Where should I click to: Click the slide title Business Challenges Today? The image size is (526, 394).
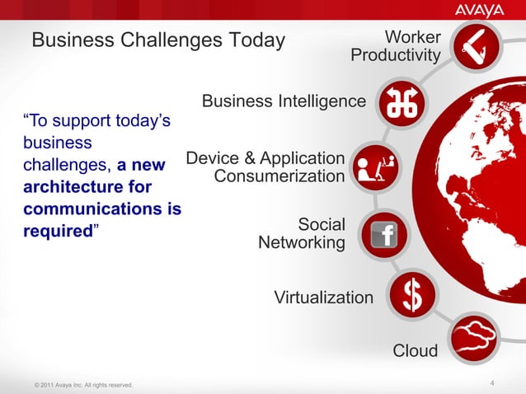157,40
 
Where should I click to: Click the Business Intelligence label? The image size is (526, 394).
284,101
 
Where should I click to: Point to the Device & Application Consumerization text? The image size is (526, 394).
265,167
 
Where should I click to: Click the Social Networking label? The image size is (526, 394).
302,233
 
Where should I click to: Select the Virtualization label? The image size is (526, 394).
323,297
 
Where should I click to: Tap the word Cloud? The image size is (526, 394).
415,351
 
